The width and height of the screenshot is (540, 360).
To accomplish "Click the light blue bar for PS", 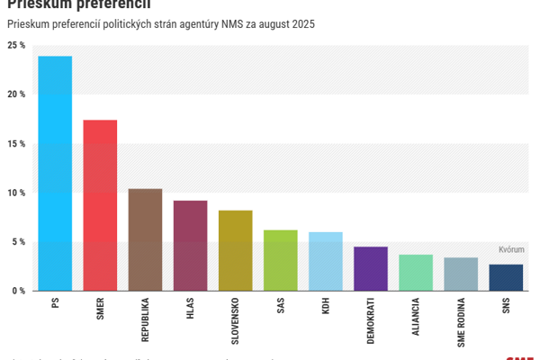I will click(55, 174).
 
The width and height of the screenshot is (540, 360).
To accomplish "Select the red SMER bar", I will click(100, 205).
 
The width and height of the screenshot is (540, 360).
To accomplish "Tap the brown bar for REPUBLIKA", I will click(145, 239).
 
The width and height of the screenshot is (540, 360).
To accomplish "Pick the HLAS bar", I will click(190, 246).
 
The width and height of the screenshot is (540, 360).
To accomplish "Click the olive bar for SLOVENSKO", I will click(235, 250).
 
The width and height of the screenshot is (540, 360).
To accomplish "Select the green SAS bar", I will click(280, 260).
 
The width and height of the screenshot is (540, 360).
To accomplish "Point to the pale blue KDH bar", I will click(325, 261).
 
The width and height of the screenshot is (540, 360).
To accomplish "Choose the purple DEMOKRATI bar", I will click(370, 268).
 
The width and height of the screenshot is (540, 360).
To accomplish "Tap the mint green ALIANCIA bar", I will click(415, 273).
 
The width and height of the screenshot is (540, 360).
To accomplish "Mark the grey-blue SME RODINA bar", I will click(460, 274).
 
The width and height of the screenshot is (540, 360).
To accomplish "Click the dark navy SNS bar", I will click(505, 277).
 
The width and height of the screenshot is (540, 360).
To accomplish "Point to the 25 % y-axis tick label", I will click(16, 45).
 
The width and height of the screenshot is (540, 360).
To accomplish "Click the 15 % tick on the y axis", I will click(16, 144).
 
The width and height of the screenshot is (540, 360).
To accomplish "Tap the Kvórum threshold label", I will click(511, 249).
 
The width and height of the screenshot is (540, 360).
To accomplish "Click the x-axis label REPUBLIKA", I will click(145, 319).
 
